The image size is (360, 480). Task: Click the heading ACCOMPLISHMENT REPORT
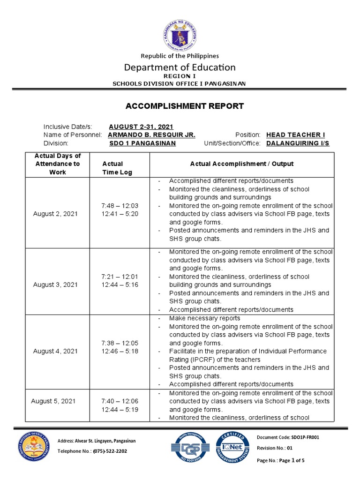point(185,106)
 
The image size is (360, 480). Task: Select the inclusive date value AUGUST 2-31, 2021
point(141,127)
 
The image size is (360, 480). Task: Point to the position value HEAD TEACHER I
point(295,135)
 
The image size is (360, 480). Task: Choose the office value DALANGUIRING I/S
point(298,143)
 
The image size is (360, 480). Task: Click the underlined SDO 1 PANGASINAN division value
point(142,143)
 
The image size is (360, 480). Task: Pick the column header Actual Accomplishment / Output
point(241,164)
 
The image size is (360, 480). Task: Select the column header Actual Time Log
point(117,168)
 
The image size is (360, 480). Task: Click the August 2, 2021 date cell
point(55,214)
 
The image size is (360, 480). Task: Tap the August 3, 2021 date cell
point(55,285)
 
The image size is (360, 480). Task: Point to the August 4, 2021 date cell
point(55,351)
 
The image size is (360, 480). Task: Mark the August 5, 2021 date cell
point(53,401)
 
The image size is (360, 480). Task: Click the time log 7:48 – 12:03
point(120,205)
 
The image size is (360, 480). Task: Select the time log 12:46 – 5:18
point(120,351)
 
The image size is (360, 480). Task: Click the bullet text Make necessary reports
point(204,318)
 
